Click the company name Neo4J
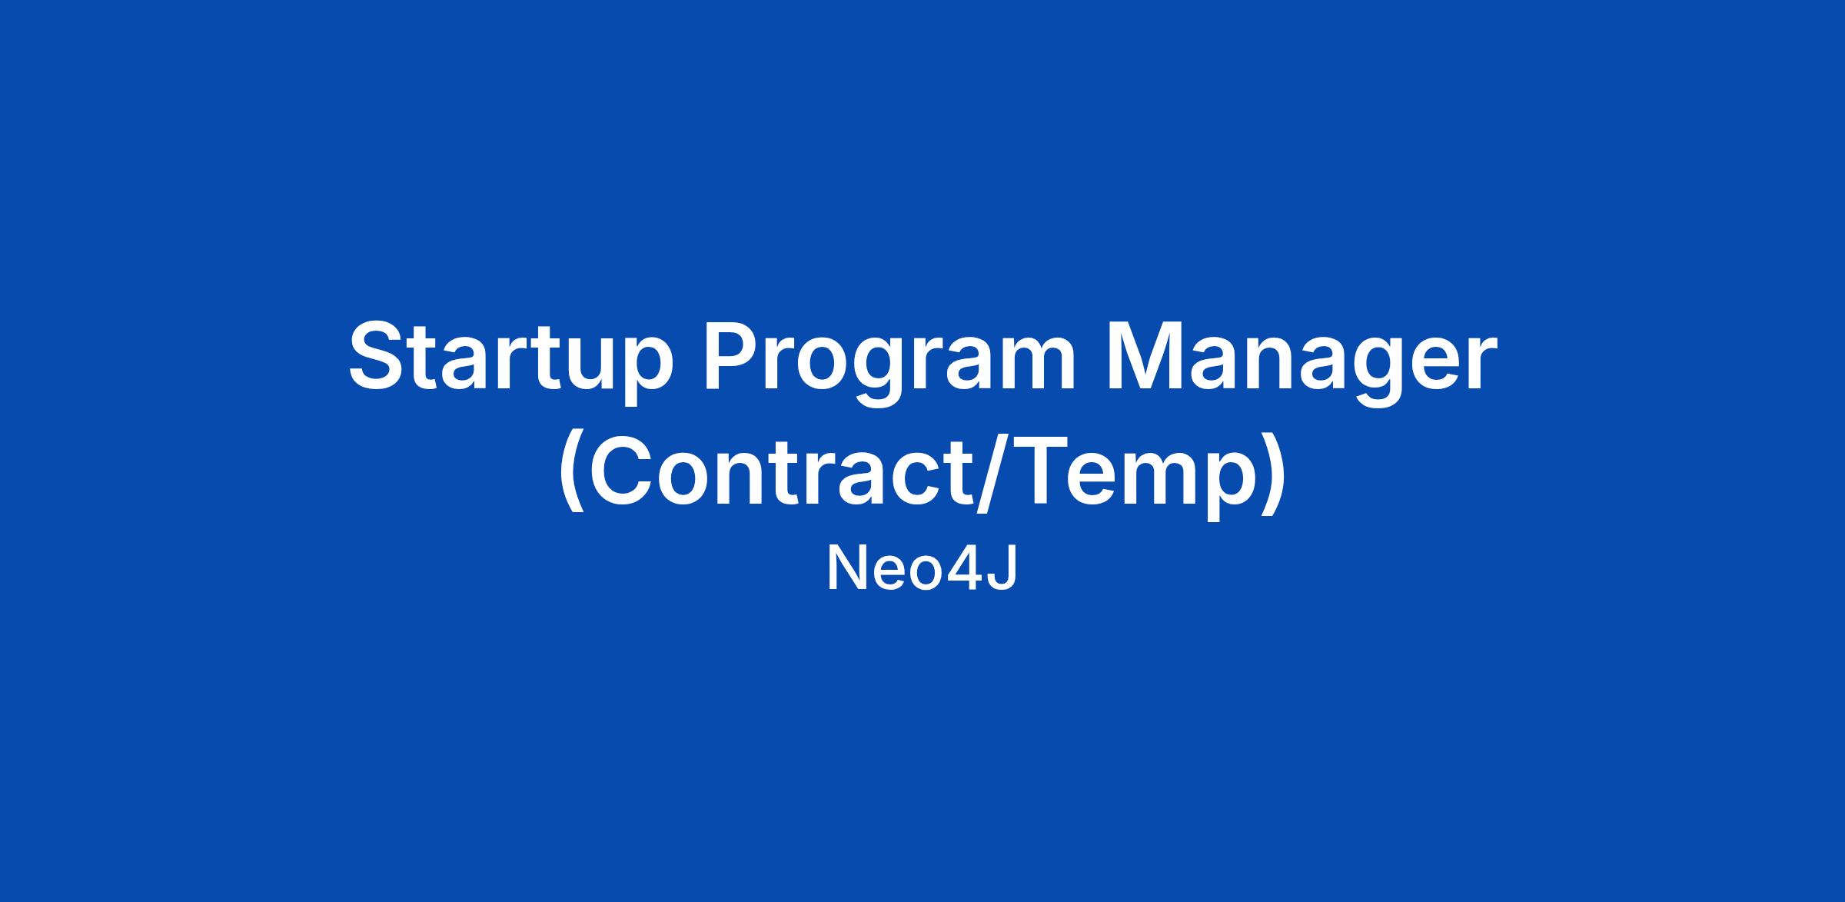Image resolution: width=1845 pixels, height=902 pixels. [x=922, y=571]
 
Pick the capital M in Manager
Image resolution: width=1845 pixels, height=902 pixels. [x=1145, y=358]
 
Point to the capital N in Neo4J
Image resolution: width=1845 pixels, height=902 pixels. [x=845, y=570]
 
